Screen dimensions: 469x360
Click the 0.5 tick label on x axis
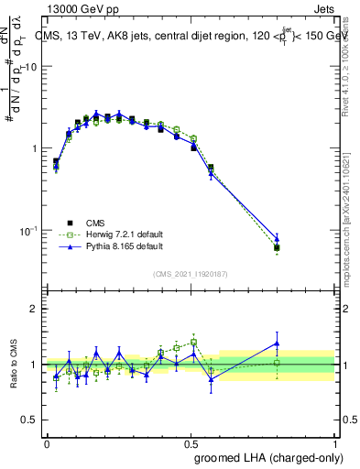coord(191,442)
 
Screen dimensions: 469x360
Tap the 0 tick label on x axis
coord(47,442)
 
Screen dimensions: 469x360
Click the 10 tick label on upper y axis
coord(32,68)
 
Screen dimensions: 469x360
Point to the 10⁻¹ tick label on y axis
coord(29,230)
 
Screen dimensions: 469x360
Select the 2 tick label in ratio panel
coord(36,310)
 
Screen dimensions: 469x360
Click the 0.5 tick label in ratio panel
coord(32,420)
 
